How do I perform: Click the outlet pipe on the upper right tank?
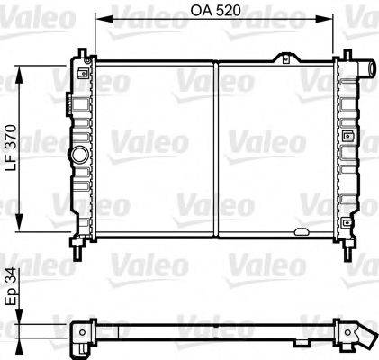[367, 68]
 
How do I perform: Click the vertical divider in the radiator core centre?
[216, 148]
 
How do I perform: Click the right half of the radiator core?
[275, 148]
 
